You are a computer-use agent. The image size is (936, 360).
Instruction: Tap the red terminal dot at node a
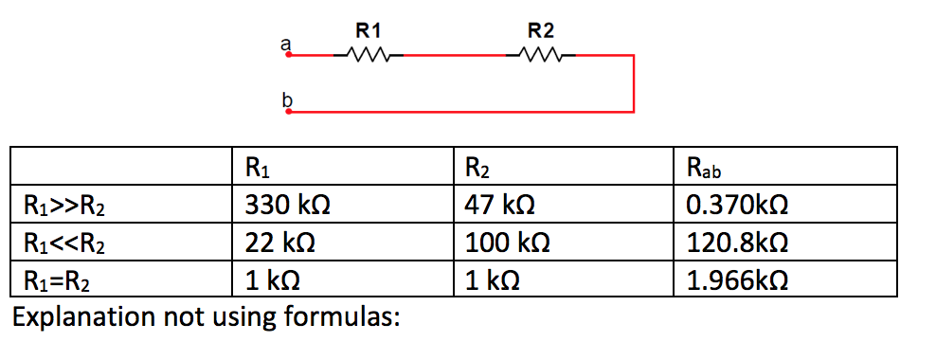click(x=289, y=56)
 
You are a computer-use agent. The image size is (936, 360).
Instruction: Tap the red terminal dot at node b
click(x=289, y=111)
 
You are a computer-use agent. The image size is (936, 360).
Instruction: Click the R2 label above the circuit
click(x=540, y=29)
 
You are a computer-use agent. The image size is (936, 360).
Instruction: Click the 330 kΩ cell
click(x=287, y=204)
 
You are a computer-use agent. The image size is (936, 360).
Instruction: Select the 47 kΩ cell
click(x=500, y=204)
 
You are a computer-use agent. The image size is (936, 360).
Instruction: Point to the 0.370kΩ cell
click(x=735, y=204)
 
